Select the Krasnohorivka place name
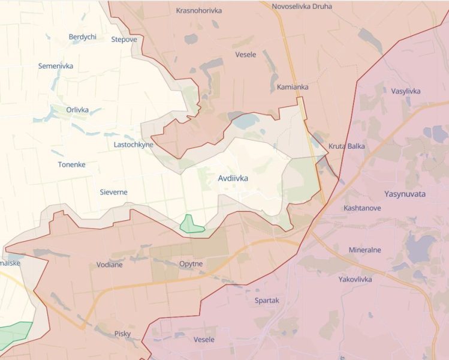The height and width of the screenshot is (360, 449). [198, 10]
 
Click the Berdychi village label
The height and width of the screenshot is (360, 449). [83, 37]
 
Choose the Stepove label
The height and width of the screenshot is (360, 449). [124, 40]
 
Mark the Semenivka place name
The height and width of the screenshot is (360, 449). [56, 66]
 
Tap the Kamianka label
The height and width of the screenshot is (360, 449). [293, 87]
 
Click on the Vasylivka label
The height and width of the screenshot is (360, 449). [406, 91]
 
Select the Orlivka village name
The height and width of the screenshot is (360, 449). [77, 110]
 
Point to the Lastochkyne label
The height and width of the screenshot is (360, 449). [133, 145]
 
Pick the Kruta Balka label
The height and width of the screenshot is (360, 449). [346, 146]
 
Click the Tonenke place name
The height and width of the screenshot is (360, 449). [71, 164]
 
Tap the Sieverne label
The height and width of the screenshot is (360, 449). [113, 192]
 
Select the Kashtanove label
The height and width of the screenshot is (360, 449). [363, 208]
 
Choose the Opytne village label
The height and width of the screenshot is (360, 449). [191, 264]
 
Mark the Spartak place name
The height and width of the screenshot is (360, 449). [266, 301]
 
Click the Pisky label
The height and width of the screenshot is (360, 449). [122, 334]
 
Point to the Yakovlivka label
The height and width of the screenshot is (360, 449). [355, 279]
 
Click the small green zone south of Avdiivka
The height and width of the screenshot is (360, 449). [191, 224]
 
